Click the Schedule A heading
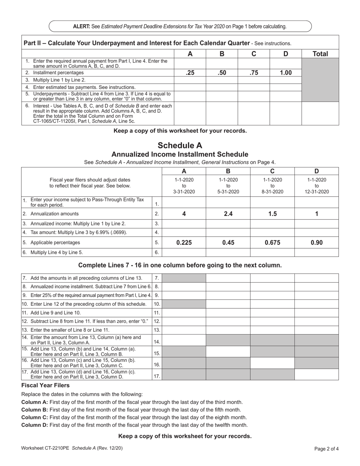click(x=180, y=145)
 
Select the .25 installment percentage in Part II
click(x=190, y=73)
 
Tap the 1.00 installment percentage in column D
click(x=285, y=73)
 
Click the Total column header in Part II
click(x=320, y=54)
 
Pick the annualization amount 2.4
click(x=228, y=214)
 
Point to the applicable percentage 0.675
click(x=272, y=243)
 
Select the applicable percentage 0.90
click(x=316, y=243)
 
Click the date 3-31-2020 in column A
click(x=184, y=192)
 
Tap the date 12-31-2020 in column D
click(x=316, y=192)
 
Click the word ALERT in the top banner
click(x=81, y=27)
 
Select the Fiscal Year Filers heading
click(x=40, y=385)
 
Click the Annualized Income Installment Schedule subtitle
click(x=180, y=154)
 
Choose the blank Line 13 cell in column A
click(x=184, y=330)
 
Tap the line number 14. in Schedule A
click(x=157, y=341)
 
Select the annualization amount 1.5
click(x=272, y=214)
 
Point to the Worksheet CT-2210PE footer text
click(x=72, y=448)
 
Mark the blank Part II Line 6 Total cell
click(x=320, y=113)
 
